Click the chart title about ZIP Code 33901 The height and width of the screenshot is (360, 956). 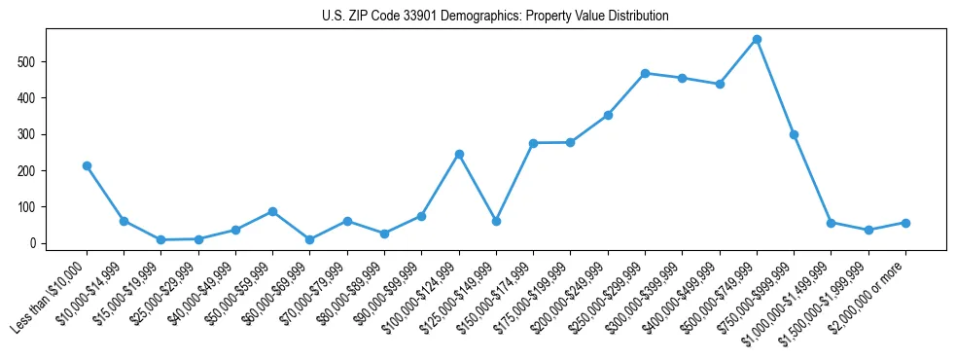point(495,17)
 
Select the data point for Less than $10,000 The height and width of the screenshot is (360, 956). point(87,165)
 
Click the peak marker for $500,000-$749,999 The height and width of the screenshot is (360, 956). point(757,40)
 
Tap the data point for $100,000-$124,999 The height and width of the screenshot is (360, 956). point(459,154)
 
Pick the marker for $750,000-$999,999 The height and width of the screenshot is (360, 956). point(794,134)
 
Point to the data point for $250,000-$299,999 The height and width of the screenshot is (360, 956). point(645,73)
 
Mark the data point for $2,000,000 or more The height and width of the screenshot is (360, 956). point(905,223)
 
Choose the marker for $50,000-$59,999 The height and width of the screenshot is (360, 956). point(272,211)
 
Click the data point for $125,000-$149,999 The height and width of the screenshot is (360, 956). point(496,221)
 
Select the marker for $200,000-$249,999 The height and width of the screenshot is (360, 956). point(608,115)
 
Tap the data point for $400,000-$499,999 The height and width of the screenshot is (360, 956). point(720,84)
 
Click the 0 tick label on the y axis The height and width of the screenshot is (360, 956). point(34,243)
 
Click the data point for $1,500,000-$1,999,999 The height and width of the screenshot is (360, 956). point(868,231)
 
